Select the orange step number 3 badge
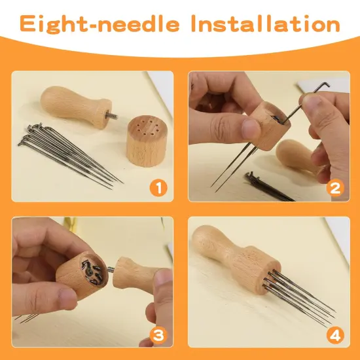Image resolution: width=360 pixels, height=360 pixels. click(x=157, y=334)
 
